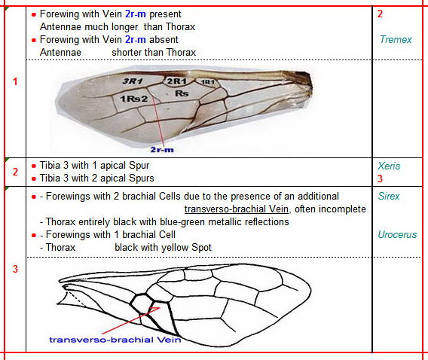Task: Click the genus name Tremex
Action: tap(396, 40)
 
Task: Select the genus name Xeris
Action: tap(389, 166)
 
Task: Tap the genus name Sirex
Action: tap(389, 196)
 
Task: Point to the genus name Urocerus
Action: tap(397, 234)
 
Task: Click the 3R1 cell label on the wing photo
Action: tap(133, 81)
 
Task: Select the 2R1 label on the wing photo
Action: tap(177, 81)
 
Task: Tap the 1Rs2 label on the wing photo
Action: tap(134, 99)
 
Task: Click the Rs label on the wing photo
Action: tap(182, 93)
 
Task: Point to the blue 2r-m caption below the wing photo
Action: tap(162, 149)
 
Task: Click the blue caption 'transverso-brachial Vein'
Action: tap(115, 340)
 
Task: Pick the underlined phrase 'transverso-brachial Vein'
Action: tap(237, 209)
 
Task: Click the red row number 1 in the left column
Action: tap(15, 81)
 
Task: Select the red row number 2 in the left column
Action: tap(15, 172)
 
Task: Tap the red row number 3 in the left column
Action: tap(15, 269)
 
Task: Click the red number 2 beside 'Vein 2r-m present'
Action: tap(380, 14)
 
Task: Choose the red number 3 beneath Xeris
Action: tap(380, 178)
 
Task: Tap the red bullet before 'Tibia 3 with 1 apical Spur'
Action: tap(34, 166)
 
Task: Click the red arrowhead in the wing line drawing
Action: tap(155, 310)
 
